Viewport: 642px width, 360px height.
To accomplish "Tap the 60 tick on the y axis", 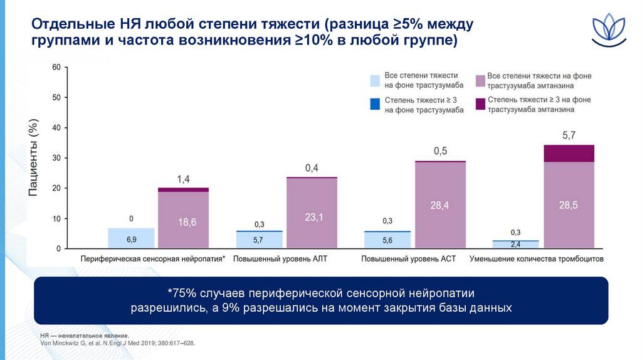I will (56, 67).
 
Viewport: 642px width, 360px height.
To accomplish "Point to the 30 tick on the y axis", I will (56, 158).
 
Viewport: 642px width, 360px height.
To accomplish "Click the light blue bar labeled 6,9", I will (131, 239).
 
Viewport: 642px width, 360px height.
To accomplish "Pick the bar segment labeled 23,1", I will (312, 213).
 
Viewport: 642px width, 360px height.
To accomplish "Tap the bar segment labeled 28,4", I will (440, 205).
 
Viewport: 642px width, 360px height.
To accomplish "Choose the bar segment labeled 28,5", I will (569, 205).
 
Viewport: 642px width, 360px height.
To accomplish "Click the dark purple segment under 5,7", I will (569, 153).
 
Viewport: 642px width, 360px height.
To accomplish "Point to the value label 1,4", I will (183, 179).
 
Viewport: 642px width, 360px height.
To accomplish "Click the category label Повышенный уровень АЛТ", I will (280, 258).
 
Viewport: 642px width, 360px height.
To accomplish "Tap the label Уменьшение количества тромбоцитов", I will (537, 258).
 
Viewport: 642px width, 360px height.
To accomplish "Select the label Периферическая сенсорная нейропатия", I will (152, 258).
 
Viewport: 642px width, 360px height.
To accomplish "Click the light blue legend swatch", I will (375, 80).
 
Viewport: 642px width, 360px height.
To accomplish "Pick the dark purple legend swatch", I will (481, 104).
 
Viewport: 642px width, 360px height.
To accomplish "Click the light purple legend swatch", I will (481, 80).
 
